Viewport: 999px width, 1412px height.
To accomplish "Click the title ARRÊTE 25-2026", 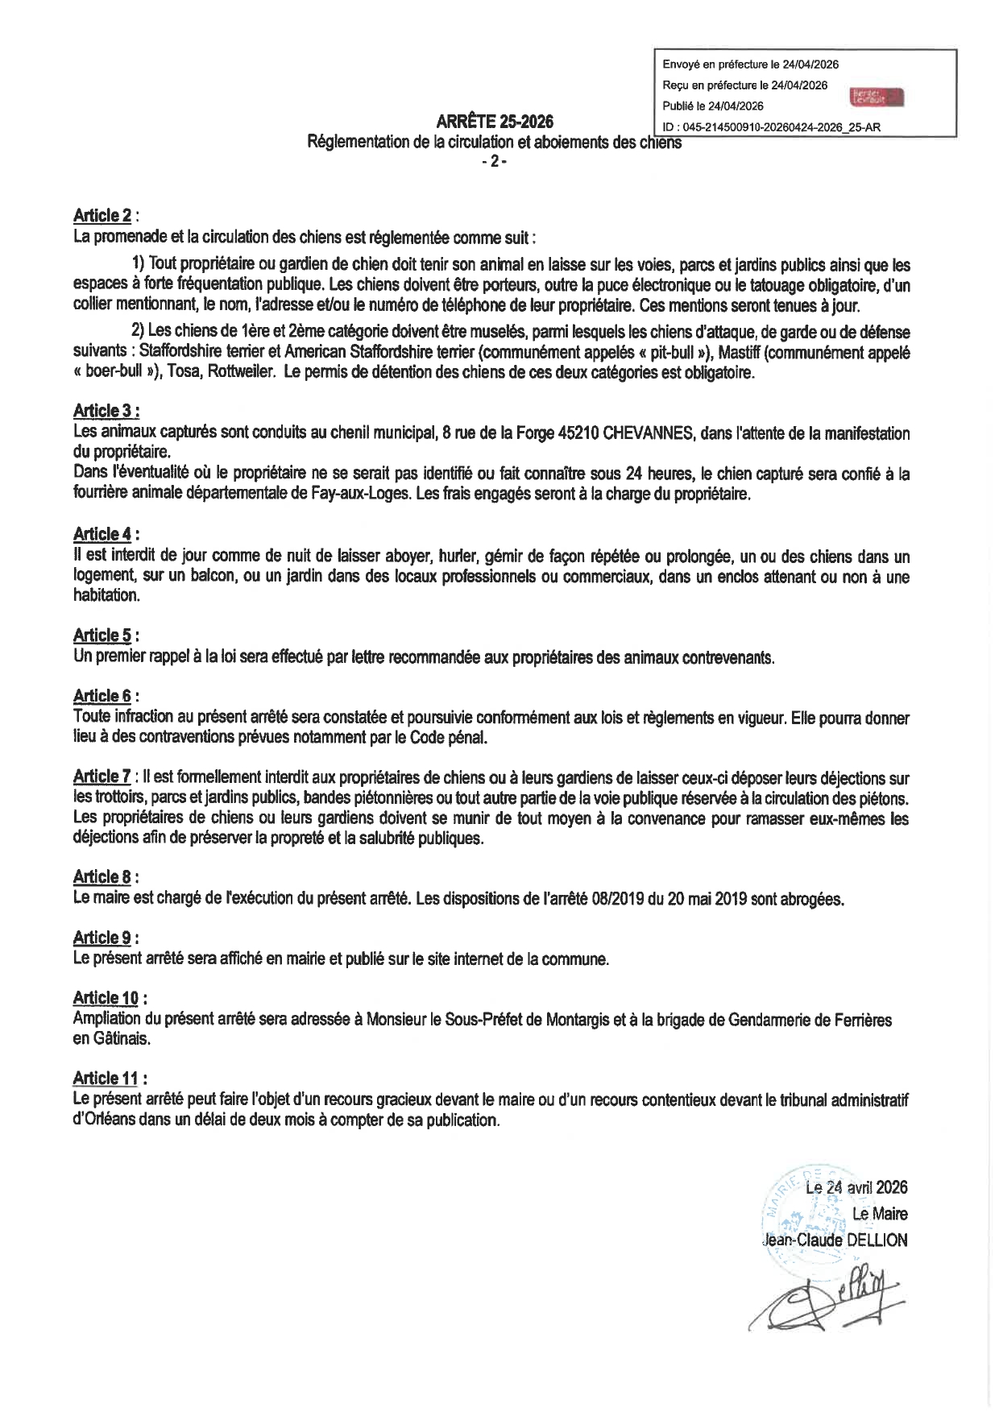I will (494, 122).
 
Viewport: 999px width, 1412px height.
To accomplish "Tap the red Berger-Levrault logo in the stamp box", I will (877, 97).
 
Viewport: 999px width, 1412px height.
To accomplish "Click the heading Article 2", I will (102, 215).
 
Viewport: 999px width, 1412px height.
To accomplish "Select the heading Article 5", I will (102, 635).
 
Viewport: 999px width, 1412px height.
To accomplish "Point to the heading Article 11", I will (106, 1078).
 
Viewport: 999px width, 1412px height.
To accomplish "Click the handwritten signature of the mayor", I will (822, 1305).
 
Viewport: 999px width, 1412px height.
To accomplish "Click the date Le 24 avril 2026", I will (856, 1187).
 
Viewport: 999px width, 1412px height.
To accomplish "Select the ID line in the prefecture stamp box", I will (771, 127).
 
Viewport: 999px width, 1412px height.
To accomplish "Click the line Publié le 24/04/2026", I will (713, 106).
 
